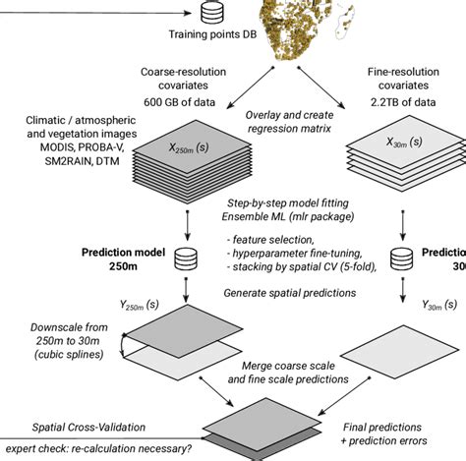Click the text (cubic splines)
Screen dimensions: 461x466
coord(60,353)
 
